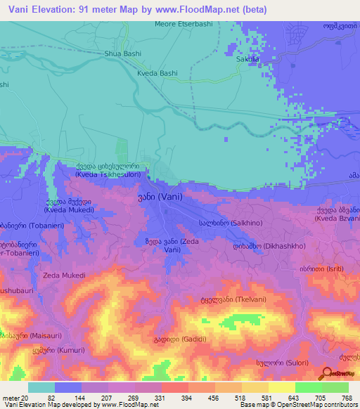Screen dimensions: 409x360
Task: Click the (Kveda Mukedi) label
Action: point(67,209)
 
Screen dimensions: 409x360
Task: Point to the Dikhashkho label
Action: point(265,247)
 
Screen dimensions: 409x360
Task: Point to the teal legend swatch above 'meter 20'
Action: point(41,387)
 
